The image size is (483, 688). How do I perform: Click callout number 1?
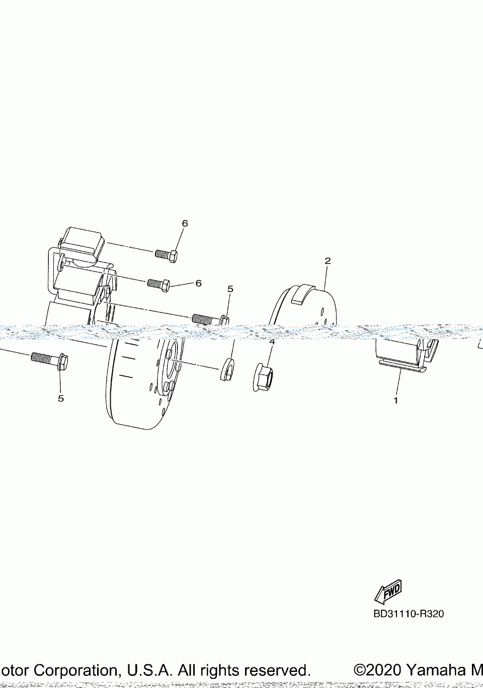coord(395,400)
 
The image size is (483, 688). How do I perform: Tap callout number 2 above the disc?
coord(328,261)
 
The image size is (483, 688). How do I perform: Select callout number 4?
coord(272,342)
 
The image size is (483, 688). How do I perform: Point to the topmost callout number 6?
coord(185,224)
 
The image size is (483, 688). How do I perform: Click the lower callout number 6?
coord(198,283)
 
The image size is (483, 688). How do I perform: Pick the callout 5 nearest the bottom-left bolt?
coord(61,398)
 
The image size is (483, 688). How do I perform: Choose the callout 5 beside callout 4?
coord(230,289)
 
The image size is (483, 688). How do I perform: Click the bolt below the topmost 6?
coord(166,255)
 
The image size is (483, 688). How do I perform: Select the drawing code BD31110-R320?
coord(408,613)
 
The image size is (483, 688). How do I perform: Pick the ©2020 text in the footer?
coord(377,670)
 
